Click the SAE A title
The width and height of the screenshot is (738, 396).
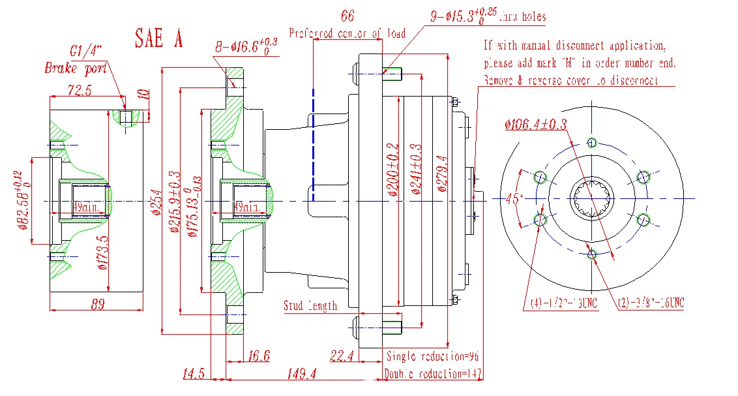[x=158, y=38]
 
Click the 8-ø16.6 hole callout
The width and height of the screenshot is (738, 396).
[x=246, y=46]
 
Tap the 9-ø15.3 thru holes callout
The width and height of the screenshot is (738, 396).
[x=488, y=16]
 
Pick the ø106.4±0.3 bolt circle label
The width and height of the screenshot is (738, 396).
[x=536, y=124]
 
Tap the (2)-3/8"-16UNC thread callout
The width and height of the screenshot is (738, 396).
[x=650, y=303]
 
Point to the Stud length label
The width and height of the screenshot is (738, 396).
[x=310, y=305]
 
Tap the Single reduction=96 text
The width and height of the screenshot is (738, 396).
[x=432, y=357]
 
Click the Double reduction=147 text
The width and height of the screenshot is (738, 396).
[x=432, y=374]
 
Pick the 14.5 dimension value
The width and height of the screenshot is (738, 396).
[x=194, y=373]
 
